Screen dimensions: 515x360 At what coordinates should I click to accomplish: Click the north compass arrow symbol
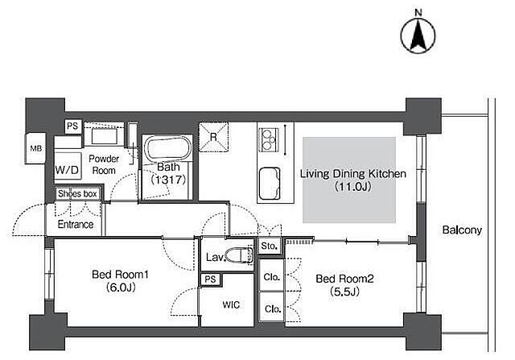click(418, 35)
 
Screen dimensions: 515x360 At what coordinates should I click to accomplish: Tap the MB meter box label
click(36, 149)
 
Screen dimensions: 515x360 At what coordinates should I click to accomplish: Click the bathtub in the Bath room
click(168, 149)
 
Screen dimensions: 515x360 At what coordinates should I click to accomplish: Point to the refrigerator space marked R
click(213, 137)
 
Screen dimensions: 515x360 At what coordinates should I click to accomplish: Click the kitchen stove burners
click(269, 139)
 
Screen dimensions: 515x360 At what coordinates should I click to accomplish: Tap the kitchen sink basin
click(270, 183)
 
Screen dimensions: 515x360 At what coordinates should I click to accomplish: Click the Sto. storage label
click(269, 246)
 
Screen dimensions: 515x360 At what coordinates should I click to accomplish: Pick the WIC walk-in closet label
click(231, 304)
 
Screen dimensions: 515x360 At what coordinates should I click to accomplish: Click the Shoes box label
click(77, 193)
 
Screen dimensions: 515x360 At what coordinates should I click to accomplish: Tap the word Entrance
click(76, 224)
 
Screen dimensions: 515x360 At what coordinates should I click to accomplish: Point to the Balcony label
click(462, 230)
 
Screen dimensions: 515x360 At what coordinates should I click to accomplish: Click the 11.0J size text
click(353, 187)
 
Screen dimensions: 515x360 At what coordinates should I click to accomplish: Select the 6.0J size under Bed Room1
click(121, 288)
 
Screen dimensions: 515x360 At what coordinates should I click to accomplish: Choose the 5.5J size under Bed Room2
click(344, 292)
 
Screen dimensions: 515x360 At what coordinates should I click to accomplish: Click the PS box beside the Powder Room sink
click(72, 126)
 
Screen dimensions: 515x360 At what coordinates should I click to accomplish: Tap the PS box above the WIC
click(211, 279)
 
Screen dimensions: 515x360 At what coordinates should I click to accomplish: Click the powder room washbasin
click(104, 136)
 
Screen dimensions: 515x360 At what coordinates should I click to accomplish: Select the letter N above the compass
click(418, 13)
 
